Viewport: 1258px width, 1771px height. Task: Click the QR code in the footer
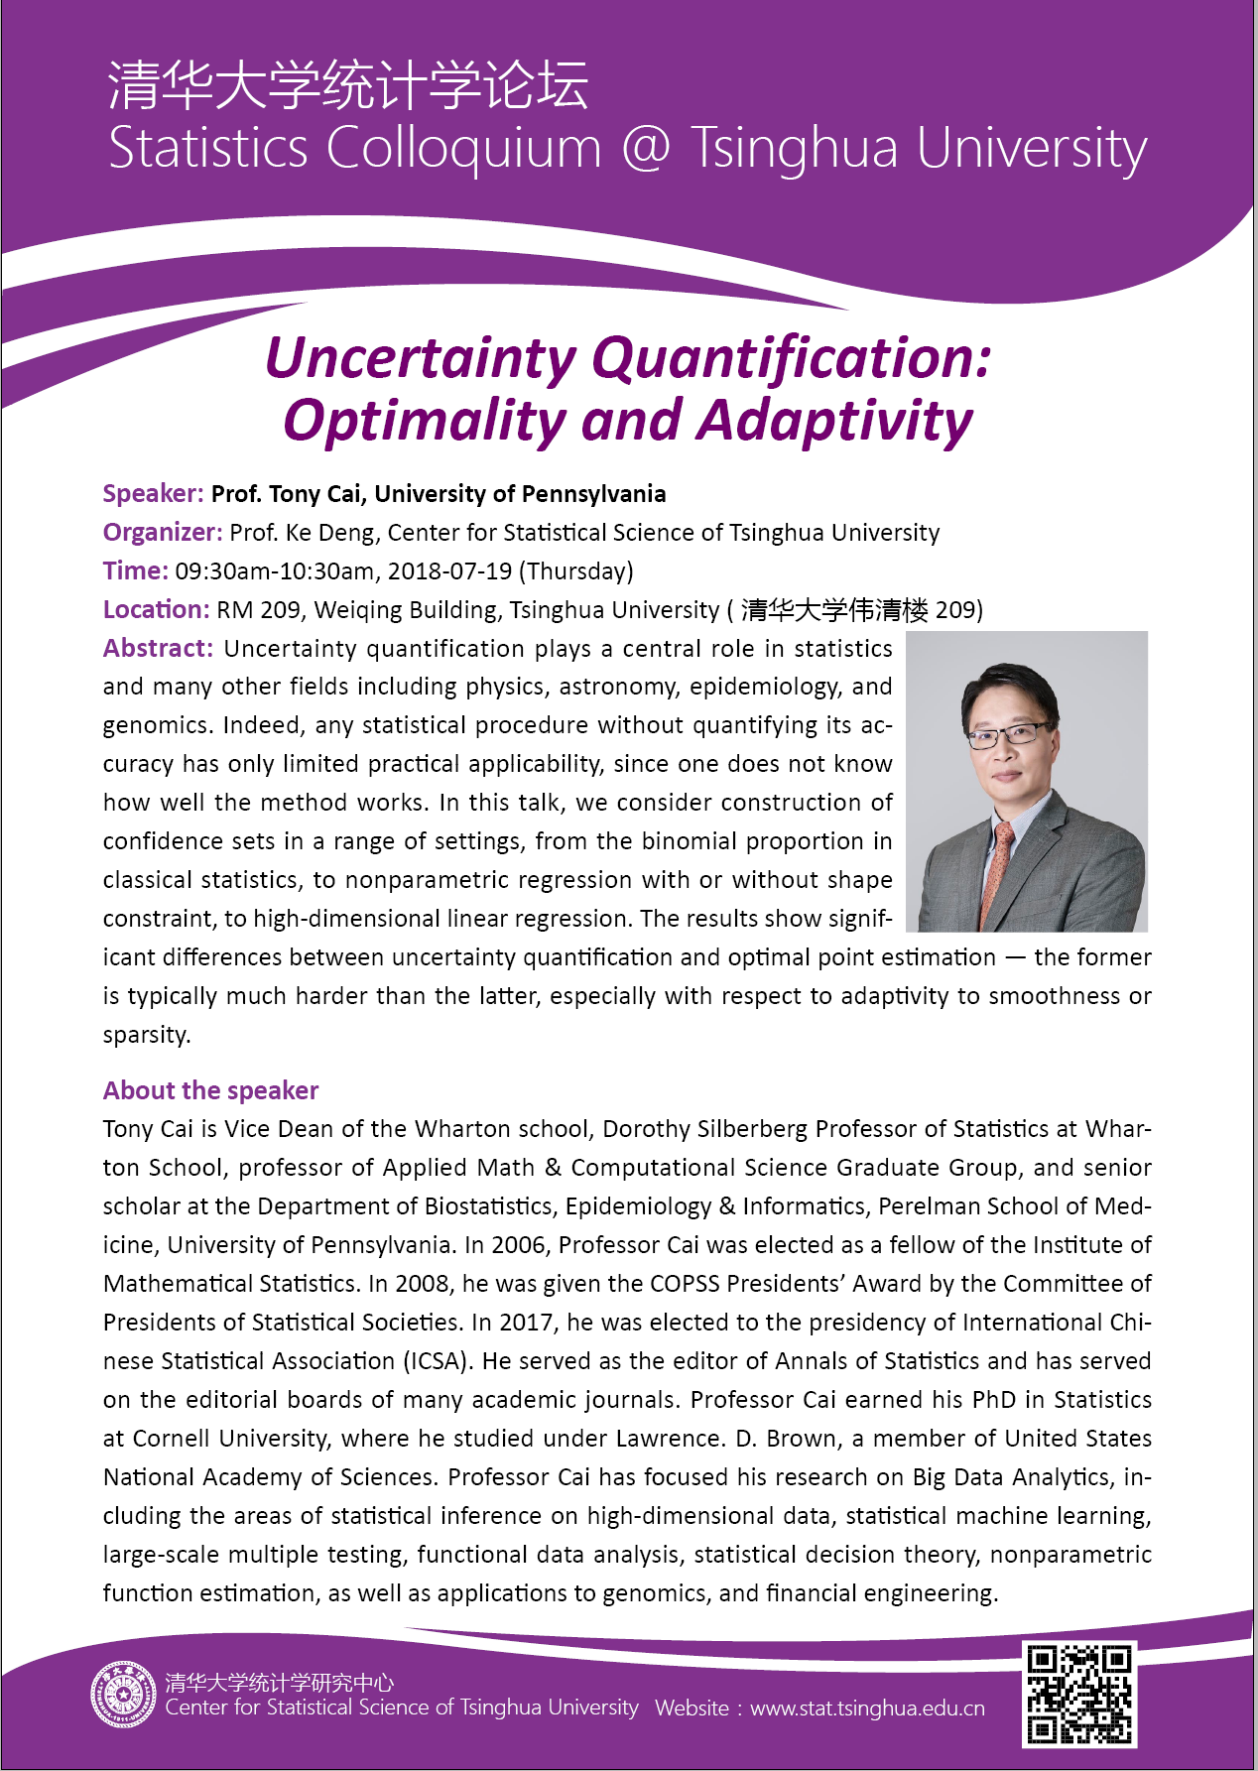[x=1079, y=1694]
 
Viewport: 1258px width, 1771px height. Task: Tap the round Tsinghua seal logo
[x=123, y=1694]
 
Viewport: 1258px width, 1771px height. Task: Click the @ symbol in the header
[x=645, y=149]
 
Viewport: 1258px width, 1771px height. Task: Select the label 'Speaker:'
[x=153, y=494]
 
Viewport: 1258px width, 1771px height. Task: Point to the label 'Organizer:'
[x=162, y=533]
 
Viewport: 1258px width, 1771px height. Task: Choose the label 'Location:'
[x=156, y=610]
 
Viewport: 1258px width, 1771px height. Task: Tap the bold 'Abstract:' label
[x=158, y=649]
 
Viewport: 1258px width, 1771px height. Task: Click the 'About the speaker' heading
[x=210, y=1090]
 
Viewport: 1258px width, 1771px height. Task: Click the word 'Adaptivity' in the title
[x=835, y=421]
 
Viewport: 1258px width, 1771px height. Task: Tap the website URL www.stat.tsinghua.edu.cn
[x=867, y=1708]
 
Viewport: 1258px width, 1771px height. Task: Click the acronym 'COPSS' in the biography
[x=686, y=1284]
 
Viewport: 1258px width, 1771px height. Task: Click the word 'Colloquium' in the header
[x=464, y=149]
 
